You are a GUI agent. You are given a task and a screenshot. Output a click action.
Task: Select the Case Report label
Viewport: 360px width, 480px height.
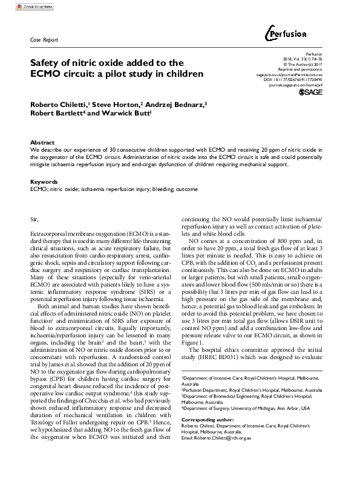(44, 40)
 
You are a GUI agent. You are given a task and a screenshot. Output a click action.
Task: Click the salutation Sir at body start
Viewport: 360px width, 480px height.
(34, 216)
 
